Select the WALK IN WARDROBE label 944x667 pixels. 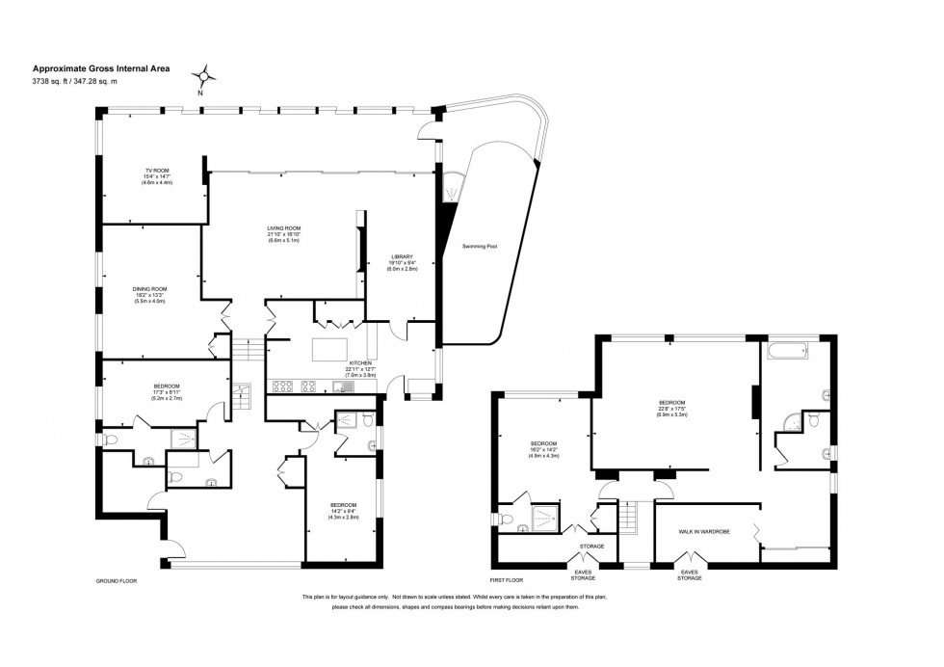click(x=701, y=531)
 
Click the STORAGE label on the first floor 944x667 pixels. click(x=591, y=547)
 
